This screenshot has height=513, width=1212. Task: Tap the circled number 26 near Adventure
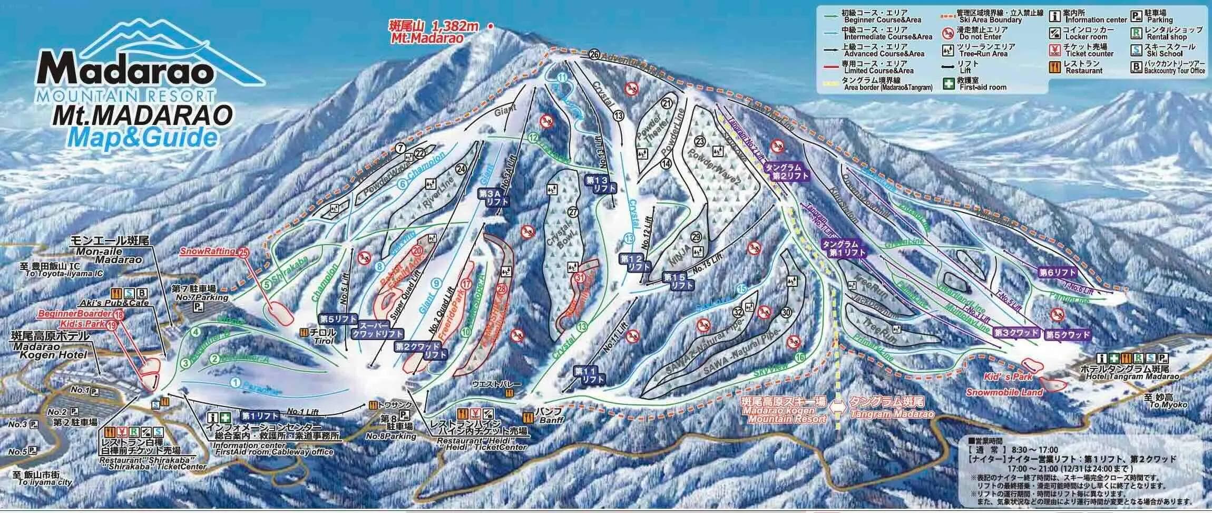click(594, 54)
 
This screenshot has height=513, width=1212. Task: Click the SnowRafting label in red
click(208, 251)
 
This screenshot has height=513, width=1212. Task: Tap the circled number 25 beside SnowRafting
click(243, 252)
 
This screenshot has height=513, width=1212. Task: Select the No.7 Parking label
click(201, 298)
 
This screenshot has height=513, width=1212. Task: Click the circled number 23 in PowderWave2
click(700, 142)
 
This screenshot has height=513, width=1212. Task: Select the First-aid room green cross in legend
click(947, 83)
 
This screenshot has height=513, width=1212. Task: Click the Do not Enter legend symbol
click(947, 34)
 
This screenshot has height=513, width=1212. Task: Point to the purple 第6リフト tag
click(1057, 273)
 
